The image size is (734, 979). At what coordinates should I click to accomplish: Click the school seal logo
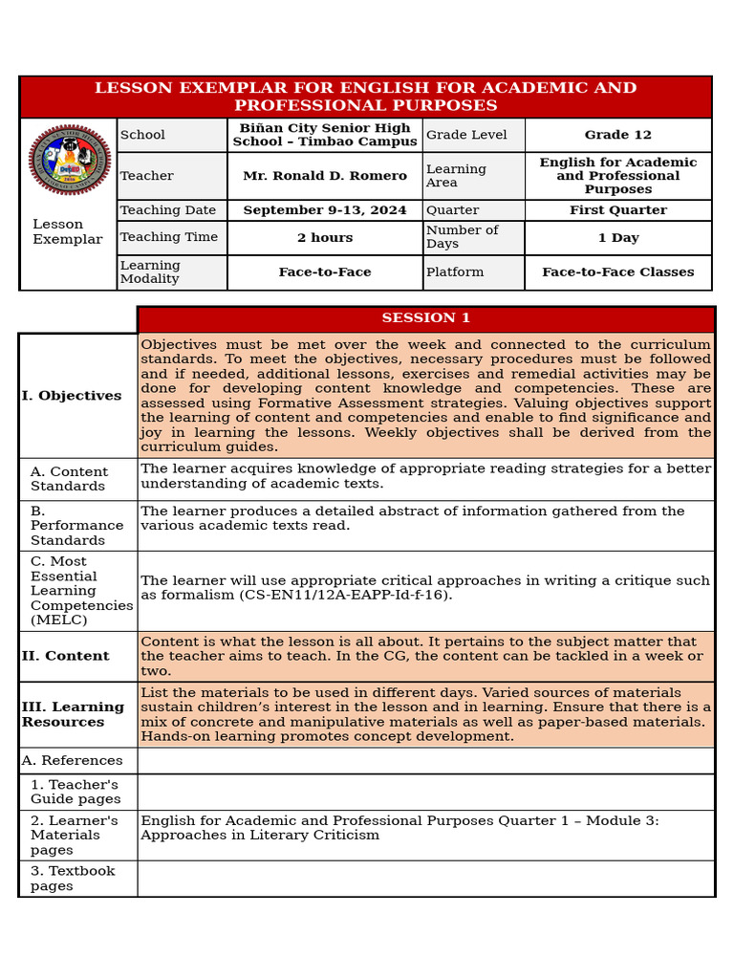pos(70,160)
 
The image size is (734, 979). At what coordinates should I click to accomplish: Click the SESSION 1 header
pos(425,318)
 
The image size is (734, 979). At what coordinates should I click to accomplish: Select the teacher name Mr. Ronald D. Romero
pos(324,176)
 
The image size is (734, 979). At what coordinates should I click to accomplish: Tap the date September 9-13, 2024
pos(324,210)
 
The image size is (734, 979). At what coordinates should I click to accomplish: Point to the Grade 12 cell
pos(617,135)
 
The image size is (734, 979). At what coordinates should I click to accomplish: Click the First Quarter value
pos(617,210)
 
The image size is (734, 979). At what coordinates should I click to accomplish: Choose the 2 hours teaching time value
pos(324,238)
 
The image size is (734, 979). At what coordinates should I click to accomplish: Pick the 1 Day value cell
pos(617,238)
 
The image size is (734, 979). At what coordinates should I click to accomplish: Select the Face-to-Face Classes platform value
pos(617,272)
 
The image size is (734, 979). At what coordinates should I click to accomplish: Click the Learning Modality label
pos(150,272)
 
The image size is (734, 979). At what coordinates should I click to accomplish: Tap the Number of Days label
pos(462,237)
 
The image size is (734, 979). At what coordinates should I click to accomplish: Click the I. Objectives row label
pos(72,396)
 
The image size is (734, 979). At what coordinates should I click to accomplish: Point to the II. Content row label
pos(66,657)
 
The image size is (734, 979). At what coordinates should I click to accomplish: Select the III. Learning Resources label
pos(73,714)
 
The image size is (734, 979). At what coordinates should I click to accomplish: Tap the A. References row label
pos(76,761)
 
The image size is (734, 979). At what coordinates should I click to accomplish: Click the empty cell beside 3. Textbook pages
pos(425,879)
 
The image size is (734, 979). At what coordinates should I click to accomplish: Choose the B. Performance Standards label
pos(76,526)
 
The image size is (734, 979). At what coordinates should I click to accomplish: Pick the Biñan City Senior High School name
pos(324,135)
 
